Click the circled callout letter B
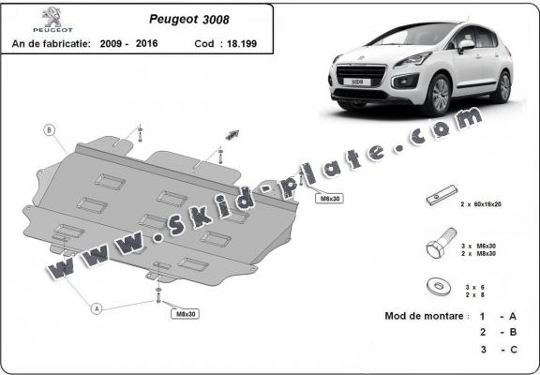click(50, 129)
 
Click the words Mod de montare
click(424, 317)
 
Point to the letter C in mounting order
click(514, 349)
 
